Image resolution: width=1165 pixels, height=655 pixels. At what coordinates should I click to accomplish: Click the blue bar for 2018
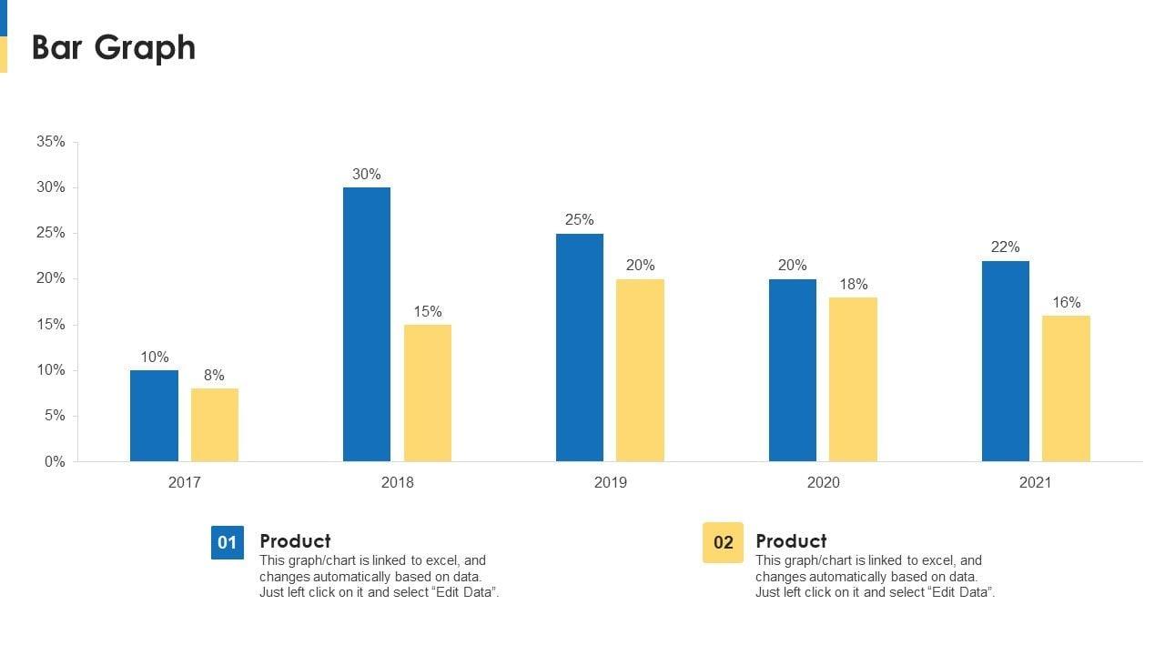[367, 324]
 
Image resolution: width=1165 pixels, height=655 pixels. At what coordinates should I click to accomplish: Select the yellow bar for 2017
[215, 425]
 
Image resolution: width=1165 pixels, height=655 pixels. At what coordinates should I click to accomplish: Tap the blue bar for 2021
[1006, 361]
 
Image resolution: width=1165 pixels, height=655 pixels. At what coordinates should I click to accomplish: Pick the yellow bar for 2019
[640, 370]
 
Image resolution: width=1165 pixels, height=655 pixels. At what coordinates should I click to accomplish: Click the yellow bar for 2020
[853, 379]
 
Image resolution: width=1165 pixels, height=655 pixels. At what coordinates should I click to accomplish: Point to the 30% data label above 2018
[367, 175]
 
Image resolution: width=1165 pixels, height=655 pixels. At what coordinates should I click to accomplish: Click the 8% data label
[215, 376]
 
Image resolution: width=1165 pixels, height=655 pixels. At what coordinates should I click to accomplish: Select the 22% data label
[1006, 247]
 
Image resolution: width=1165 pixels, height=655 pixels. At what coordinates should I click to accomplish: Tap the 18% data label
[853, 285]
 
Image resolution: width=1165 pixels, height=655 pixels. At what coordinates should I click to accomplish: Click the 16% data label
[1067, 303]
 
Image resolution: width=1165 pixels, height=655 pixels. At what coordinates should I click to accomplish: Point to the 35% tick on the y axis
[51, 142]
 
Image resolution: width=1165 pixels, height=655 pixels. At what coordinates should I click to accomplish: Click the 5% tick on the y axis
[55, 416]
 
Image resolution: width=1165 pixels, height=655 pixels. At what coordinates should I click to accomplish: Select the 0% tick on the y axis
[55, 462]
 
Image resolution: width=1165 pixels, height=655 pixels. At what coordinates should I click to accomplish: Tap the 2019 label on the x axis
[610, 482]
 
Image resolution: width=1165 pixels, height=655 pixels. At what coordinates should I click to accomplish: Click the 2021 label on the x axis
[1035, 482]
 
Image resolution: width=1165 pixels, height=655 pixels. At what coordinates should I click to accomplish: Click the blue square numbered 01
[228, 543]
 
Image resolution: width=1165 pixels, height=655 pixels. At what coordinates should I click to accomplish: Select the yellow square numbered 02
[723, 543]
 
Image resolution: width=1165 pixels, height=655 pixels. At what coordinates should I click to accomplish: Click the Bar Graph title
[114, 47]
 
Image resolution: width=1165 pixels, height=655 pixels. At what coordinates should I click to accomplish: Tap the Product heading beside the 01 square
[295, 541]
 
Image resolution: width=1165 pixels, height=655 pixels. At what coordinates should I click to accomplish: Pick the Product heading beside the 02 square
[791, 541]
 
